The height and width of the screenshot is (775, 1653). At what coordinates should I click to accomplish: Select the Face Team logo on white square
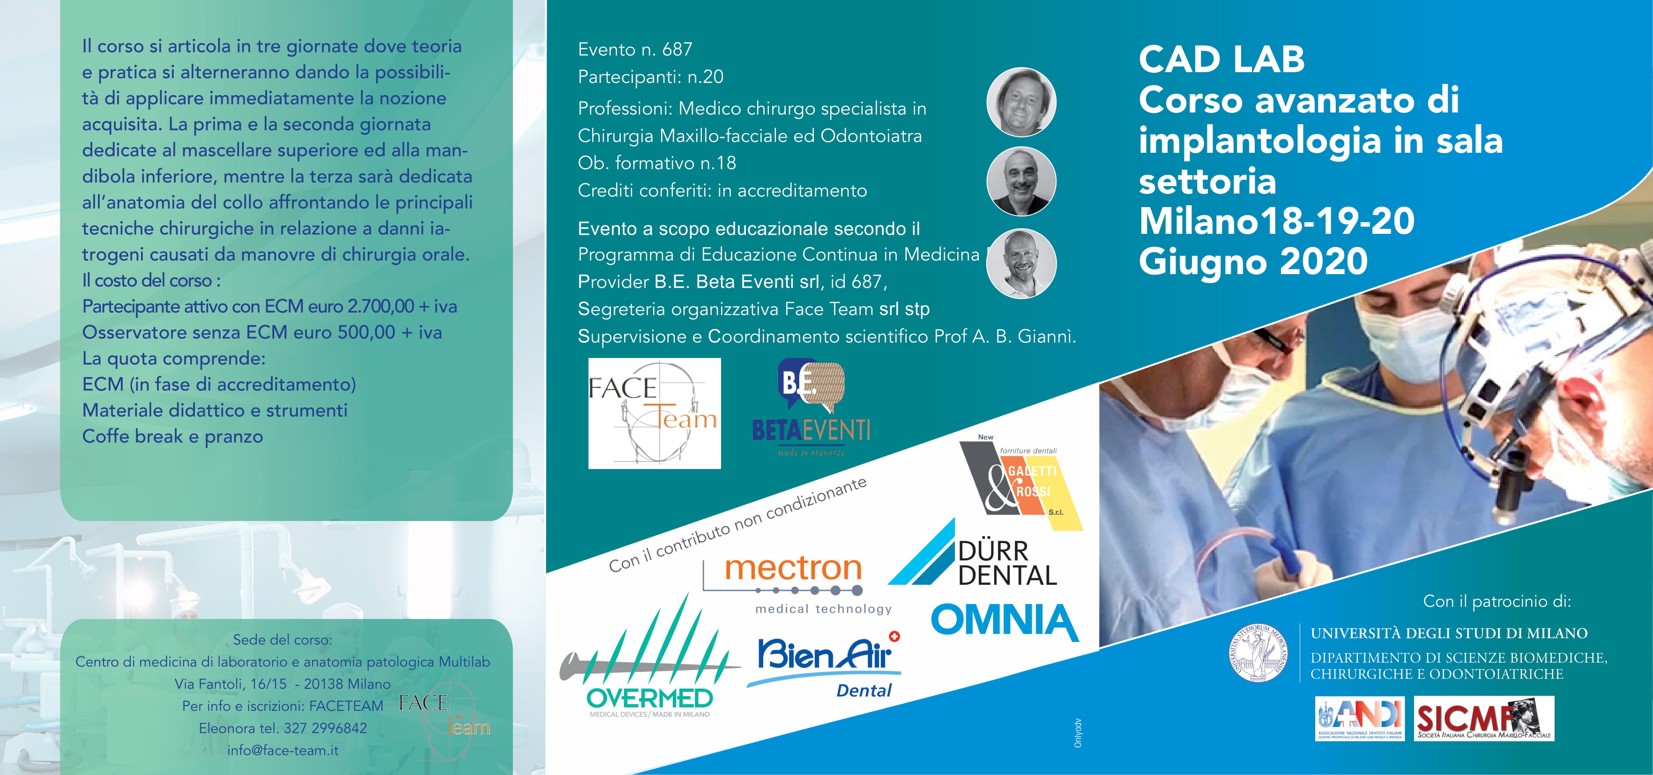pyautogui.click(x=655, y=413)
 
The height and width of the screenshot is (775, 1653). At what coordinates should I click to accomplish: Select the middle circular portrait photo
pyautogui.click(x=1021, y=181)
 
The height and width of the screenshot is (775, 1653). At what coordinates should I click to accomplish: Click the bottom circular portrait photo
pyautogui.click(x=1021, y=263)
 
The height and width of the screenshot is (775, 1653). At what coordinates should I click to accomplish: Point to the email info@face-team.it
pyautogui.click(x=283, y=750)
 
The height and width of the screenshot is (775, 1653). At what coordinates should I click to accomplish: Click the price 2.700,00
pyautogui.click(x=380, y=306)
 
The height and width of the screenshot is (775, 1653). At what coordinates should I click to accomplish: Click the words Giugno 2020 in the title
pyautogui.click(x=1253, y=262)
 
